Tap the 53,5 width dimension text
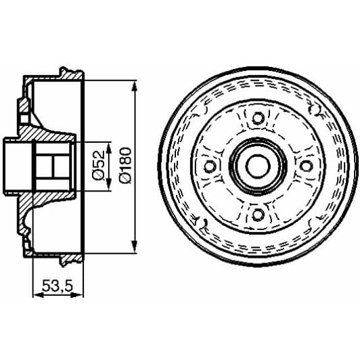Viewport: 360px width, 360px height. tap(58, 286)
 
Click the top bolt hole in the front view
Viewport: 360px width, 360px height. tap(257, 118)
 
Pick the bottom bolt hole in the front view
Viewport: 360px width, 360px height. tap(257, 215)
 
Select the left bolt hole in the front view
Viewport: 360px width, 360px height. tap(209, 166)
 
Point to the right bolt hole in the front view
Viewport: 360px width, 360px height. tap(305, 166)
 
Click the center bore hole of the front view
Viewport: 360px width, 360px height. tap(257, 166)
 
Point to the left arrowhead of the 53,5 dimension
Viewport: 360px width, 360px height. tap(35, 294)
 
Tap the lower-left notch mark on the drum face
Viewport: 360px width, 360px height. tap(200, 222)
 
